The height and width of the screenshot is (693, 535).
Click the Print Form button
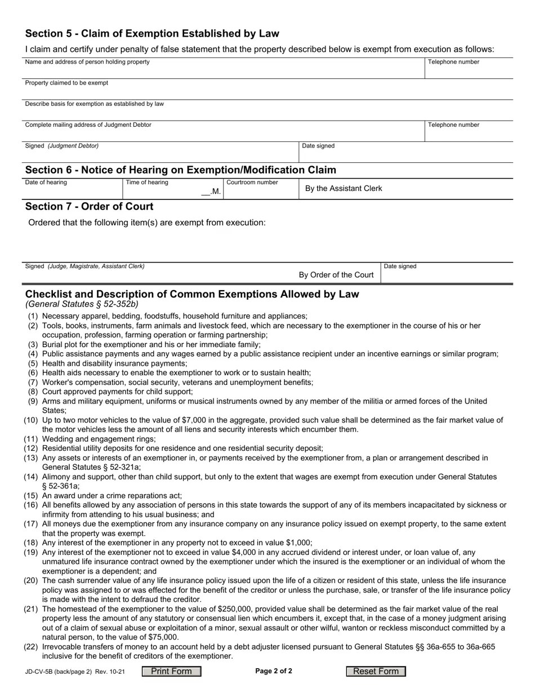coord(171,671)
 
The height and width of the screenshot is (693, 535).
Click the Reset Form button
coord(376,671)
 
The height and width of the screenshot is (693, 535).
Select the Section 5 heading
coord(152,33)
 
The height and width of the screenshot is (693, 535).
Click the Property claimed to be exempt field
coord(268,91)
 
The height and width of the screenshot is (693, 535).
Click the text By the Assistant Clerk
coord(343,188)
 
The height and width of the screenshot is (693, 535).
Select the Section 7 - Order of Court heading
coord(89,206)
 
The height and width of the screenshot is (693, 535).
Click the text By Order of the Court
coord(336,275)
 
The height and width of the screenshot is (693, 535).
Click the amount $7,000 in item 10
coord(197,420)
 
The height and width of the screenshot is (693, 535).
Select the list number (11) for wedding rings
coord(31,439)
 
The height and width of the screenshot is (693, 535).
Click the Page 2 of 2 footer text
coord(273,671)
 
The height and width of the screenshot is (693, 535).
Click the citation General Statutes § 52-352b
coord(82,304)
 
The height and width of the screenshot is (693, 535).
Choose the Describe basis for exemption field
coord(268,112)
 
